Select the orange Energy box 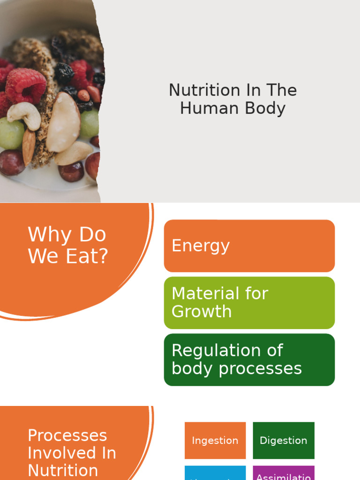(x=249, y=246)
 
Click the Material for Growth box (x=249, y=302)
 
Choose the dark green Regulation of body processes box (x=249, y=360)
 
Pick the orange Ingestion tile (x=215, y=440)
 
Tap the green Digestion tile (x=283, y=440)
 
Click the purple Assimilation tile (x=283, y=474)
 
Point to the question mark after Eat (x=103, y=256)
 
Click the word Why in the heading (x=49, y=234)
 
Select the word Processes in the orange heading (x=67, y=435)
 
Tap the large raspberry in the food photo (x=26, y=85)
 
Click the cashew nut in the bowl (x=24, y=113)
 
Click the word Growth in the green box (x=202, y=312)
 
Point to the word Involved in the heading (x=71, y=453)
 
